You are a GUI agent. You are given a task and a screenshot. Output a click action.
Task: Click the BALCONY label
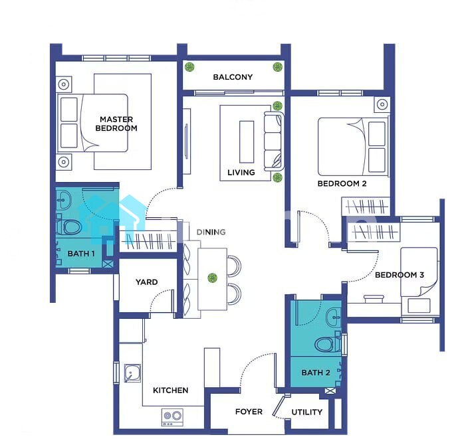(x=233, y=77)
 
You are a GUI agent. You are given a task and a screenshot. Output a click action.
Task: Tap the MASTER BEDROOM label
(x=116, y=124)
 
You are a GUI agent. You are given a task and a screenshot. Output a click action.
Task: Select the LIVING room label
(x=241, y=173)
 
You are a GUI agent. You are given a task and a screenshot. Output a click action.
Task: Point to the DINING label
(x=211, y=232)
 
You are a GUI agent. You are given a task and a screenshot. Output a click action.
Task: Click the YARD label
(x=146, y=282)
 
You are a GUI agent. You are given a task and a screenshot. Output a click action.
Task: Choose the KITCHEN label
(x=171, y=391)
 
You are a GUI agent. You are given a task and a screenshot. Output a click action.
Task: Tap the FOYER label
(x=249, y=412)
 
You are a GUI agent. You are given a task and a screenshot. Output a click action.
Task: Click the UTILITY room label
(x=307, y=412)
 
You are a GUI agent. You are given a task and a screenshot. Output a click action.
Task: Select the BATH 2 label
(x=316, y=373)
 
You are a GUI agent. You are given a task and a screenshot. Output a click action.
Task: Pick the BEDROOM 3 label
(x=399, y=275)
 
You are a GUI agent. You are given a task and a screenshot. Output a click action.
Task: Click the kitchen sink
(x=132, y=373)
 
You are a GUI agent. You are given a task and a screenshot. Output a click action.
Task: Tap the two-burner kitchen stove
(x=172, y=417)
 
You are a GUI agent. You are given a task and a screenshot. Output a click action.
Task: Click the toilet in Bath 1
(x=69, y=227)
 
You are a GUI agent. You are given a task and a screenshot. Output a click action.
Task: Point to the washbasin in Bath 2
(x=333, y=317)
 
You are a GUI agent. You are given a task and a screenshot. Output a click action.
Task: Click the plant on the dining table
(x=213, y=278)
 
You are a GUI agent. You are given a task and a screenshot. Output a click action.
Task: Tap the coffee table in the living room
(x=247, y=142)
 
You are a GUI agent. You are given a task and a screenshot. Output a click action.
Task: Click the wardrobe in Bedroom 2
(x=366, y=207)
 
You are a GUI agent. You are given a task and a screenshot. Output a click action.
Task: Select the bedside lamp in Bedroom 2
(x=382, y=104)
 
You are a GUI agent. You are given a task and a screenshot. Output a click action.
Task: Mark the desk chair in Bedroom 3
(x=374, y=299)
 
